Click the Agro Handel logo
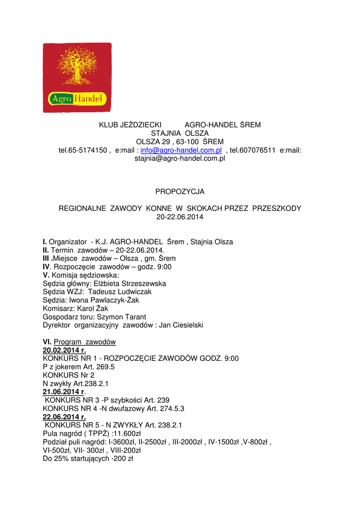(77, 77)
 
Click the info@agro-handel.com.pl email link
(181, 150)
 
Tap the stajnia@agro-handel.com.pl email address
(180, 159)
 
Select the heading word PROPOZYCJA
(180, 191)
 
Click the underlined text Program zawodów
(85, 342)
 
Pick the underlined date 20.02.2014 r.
(64, 350)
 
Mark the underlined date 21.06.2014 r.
(64, 392)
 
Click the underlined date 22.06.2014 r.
(64, 417)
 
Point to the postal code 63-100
(189, 142)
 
